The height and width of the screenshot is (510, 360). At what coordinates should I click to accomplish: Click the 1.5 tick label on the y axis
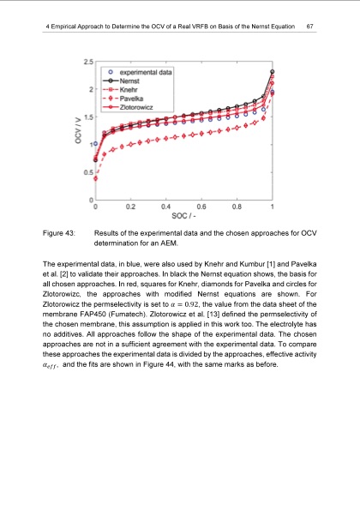coord(88,117)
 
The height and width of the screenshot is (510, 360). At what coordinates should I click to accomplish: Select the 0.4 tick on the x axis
coord(165,207)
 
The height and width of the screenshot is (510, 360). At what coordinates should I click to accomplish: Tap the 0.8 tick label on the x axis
coord(237,207)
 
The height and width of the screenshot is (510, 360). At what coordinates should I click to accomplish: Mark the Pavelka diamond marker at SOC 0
coord(95,179)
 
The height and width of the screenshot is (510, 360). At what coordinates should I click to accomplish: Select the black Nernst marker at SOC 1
coord(273,72)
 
